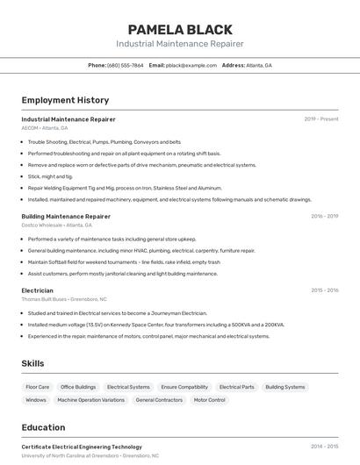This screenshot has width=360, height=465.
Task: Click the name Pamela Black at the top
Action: pos(179,30)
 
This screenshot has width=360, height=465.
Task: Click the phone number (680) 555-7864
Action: pos(125,65)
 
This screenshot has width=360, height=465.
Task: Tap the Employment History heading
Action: pos(65,101)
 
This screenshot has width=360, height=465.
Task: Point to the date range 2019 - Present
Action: pos(321,118)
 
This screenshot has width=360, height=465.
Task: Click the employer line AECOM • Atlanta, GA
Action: pos(44,128)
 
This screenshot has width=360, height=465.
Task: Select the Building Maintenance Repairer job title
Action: pos(66,216)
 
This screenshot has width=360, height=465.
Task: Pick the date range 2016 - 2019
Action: pos(324,216)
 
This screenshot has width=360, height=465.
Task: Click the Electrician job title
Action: pos(37,290)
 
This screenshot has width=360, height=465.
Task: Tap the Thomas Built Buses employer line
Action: pos(60,299)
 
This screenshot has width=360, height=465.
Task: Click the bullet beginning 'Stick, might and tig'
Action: pos(50,176)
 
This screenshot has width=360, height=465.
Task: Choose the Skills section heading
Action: pos(32,363)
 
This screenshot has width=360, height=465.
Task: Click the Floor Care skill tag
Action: pos(38,387)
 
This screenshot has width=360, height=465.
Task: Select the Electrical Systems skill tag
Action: pos(128,387)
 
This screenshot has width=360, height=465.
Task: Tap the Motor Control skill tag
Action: pos(209,400)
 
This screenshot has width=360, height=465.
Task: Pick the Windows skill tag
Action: pos(36,400)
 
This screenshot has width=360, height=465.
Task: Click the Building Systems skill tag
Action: pos(285,387)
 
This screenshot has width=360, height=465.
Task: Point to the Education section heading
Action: pos(43,428)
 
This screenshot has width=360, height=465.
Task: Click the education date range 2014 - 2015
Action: pos(324,447)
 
